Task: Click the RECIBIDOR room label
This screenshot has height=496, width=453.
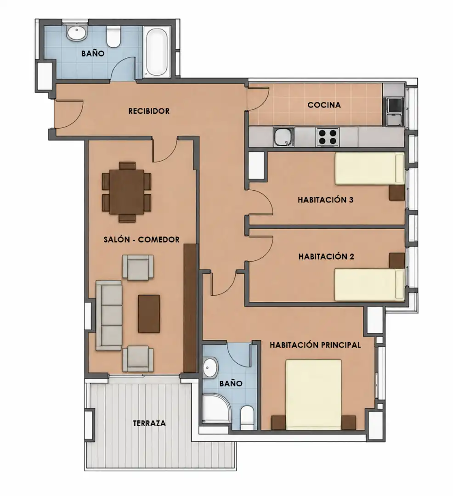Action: [149, 111]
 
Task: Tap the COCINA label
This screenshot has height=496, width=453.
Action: [324, 105]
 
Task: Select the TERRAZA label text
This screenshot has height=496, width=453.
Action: [149, 423]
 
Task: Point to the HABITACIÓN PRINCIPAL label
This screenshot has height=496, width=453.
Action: [315, 345]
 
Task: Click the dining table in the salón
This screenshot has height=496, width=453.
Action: [126, 192]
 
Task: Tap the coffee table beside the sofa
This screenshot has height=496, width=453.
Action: [149, 314]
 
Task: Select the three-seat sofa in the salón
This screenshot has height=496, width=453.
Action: [109, 316]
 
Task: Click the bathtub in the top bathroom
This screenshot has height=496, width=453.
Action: [157, 51]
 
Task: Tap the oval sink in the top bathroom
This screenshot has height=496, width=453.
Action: [77, 33]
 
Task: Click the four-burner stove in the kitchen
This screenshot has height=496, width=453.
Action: [328, 137]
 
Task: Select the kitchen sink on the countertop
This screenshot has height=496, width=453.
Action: [284, 137]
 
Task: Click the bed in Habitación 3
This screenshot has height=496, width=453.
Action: [369, 169]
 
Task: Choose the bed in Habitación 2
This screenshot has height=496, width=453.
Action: [369, 285]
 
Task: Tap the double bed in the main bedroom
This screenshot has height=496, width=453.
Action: [313, 395]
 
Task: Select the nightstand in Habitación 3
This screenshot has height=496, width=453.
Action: [397, 192]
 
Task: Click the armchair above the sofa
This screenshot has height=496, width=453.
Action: [138, 267]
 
